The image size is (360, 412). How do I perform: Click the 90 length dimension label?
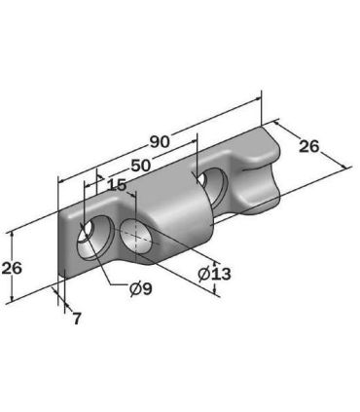160,141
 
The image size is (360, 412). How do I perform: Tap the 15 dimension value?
117,184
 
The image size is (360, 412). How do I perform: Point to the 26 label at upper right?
308,146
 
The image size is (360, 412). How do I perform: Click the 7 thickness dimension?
76,318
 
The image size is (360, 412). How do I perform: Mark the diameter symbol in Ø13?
203,274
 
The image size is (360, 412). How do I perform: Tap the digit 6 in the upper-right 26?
314,146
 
